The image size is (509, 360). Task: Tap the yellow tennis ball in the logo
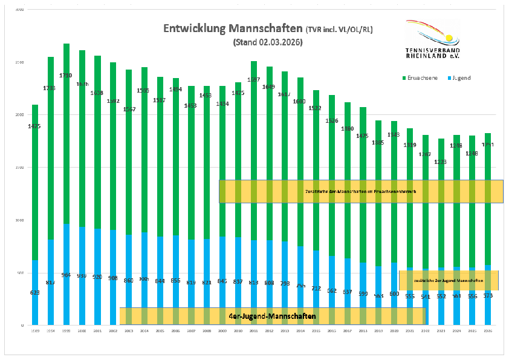tap(448, 37)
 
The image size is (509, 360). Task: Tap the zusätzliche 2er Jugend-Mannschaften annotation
tap(449, 281)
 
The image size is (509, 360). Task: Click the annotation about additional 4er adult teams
tap(360, 191)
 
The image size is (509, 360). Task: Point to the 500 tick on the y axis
tap(20, 273)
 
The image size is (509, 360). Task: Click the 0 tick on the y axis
tap(22, 326)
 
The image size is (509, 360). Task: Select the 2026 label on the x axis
tap(488, 332)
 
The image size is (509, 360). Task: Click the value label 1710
tap(66, 75)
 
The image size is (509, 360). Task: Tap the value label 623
tap(35, 292)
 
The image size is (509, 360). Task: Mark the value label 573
tap(488, 295)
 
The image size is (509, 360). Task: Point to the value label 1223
tap(442, 162)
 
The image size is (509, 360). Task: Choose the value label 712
tap(316, 288)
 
